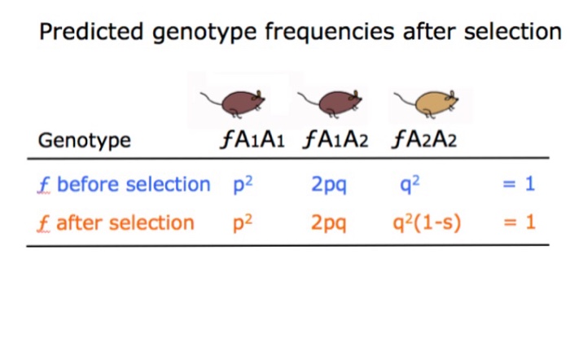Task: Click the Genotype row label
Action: click(84, 140)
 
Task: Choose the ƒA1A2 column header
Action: click(335, 140)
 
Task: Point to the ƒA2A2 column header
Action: click(423, 140)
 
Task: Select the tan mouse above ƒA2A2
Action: click(427, 103)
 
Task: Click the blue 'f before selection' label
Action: click(124, 184)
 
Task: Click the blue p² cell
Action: click(243, 184)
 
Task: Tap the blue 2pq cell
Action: click(329, 185)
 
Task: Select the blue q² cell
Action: click(410, 184)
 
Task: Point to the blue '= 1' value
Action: click(518, 184)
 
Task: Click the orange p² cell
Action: click(243, 222)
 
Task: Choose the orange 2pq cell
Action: click(329, 223)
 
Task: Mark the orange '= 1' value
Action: click(518, 222)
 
